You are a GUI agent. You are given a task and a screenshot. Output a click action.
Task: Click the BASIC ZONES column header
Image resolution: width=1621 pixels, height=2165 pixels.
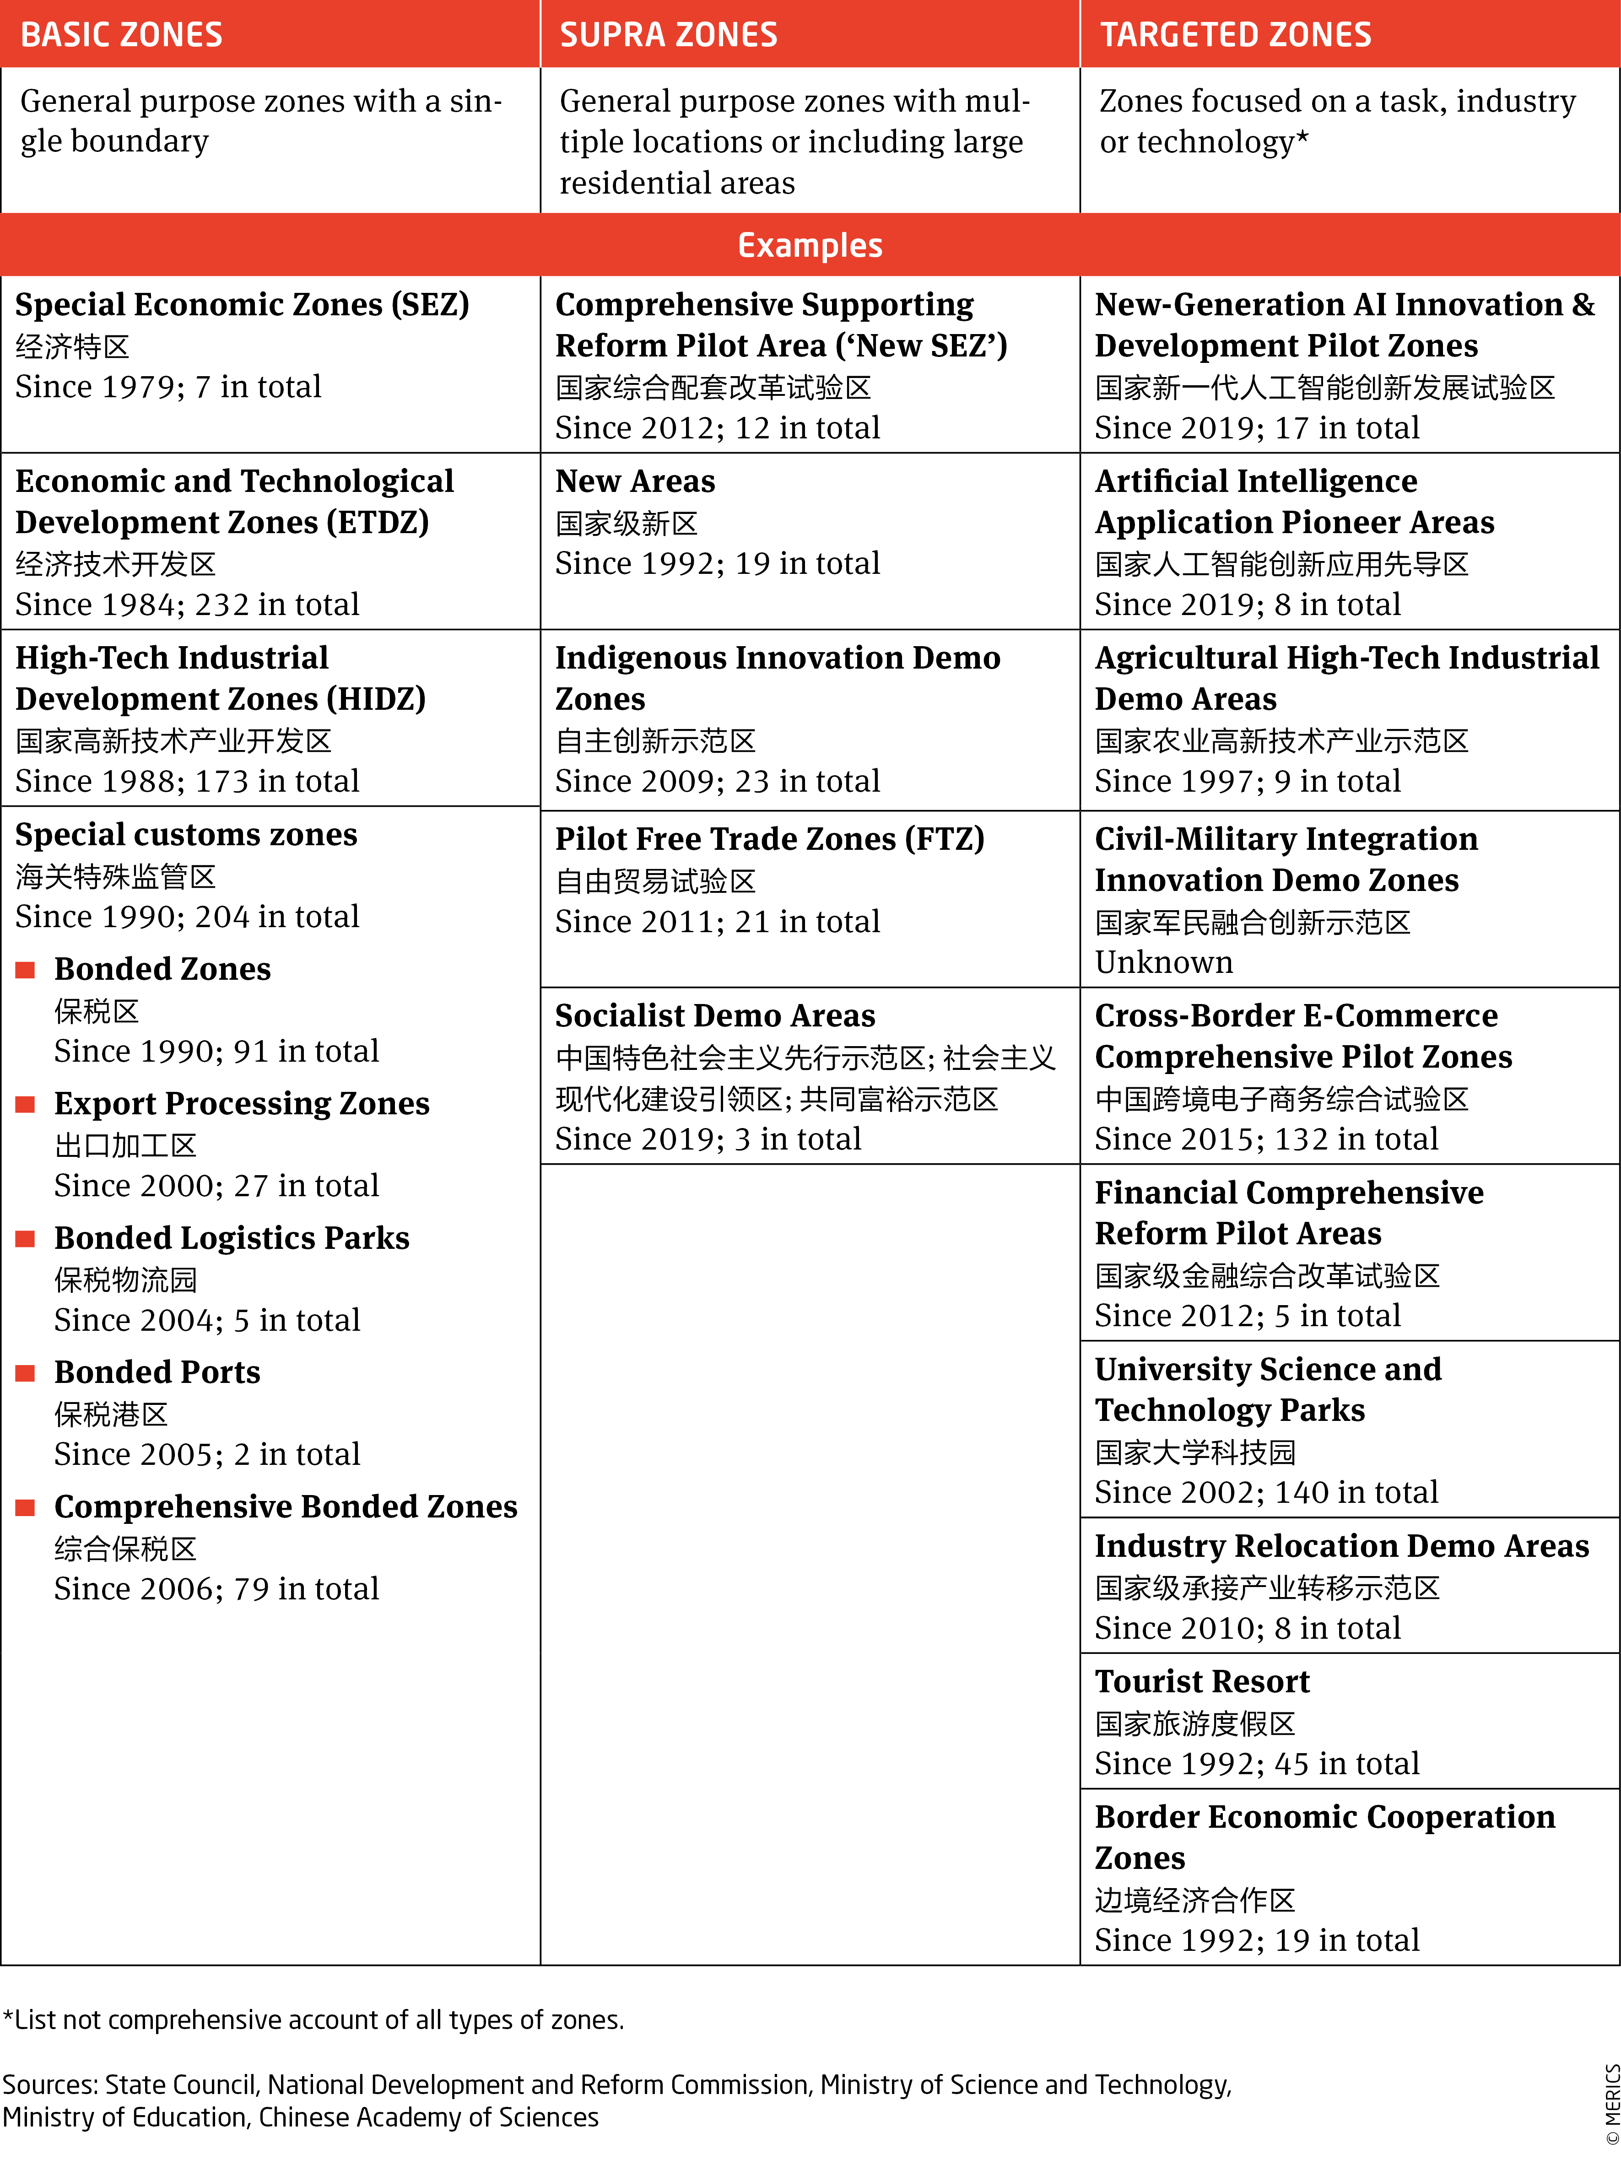tap(121, 35)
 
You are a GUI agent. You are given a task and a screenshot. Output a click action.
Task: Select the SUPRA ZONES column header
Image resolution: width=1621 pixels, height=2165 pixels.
tap(669, 35)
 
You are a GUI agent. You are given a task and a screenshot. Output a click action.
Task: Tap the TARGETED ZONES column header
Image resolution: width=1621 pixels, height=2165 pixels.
tap(1235, 35)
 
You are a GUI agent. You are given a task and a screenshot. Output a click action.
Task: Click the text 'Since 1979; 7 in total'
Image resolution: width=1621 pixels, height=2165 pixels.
tap(168, 387)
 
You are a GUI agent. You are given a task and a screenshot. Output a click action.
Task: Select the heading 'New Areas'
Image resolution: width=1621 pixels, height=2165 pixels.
tap(635, 481)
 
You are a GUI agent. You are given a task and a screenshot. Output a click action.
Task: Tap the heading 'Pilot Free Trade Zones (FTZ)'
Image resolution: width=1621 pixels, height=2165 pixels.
tap(769, 839)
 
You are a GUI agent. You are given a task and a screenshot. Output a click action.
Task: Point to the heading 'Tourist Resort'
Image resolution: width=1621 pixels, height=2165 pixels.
tap(1202, 1681)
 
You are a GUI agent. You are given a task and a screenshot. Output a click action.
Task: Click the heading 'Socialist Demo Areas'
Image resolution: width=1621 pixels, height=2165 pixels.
tap(714, 1016)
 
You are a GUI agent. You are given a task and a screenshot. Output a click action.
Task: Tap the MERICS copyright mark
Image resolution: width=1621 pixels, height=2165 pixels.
tap(1611, 2104)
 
